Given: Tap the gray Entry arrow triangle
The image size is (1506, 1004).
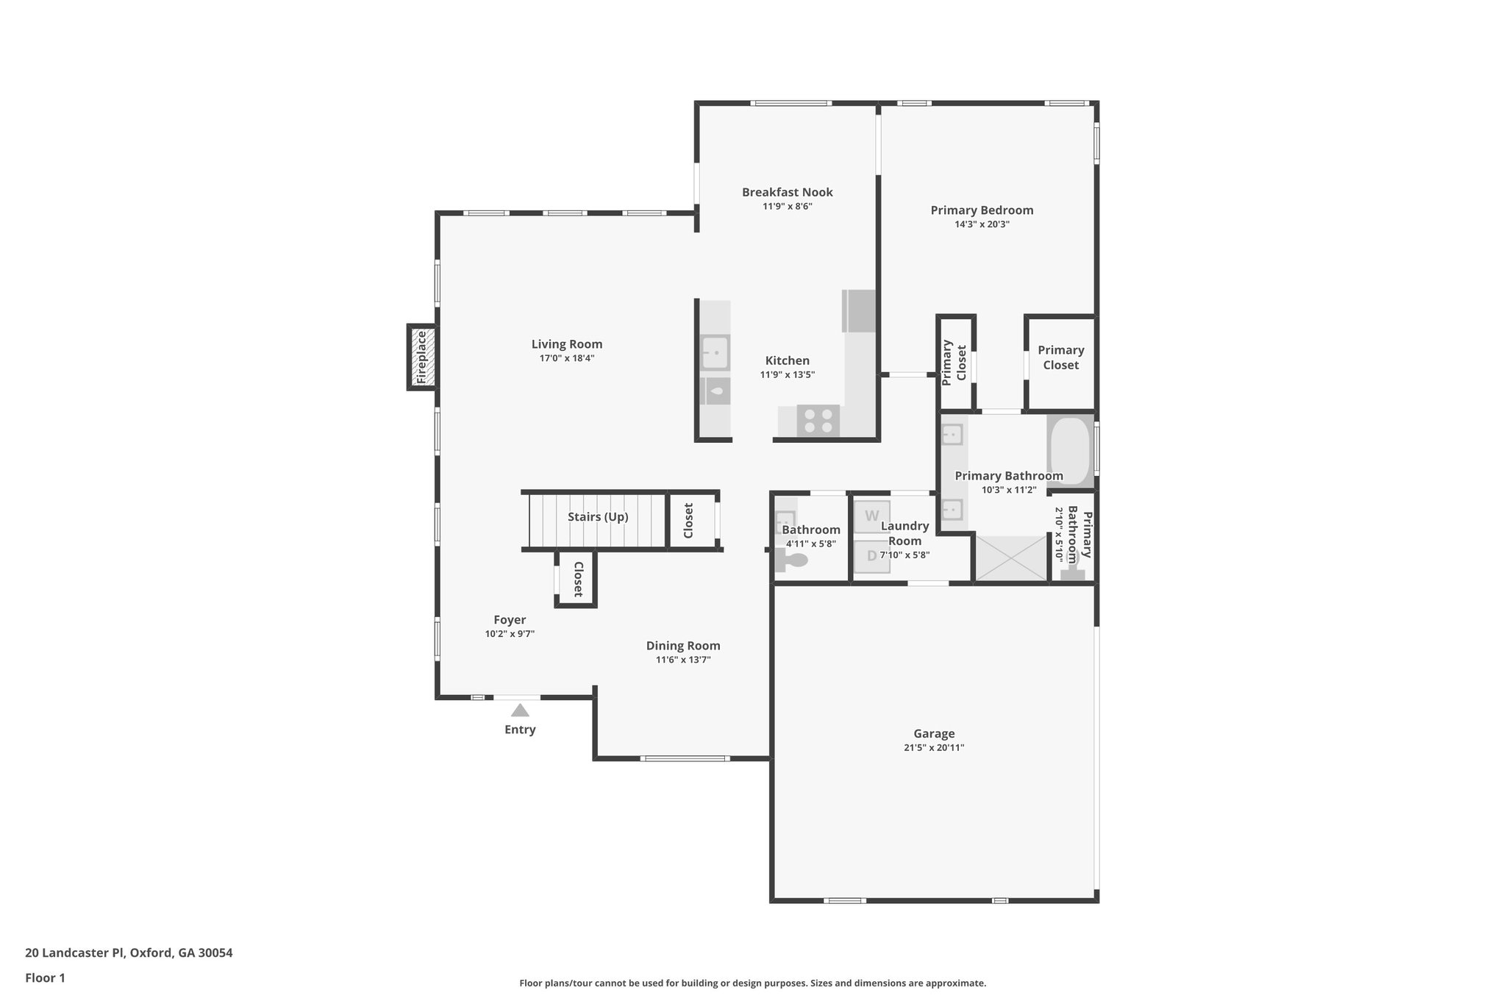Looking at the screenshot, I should [x=520, y=711].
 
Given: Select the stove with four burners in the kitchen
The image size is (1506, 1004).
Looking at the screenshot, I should [x=818, y=421].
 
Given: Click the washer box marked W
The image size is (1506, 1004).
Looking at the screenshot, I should [x=872, y=516].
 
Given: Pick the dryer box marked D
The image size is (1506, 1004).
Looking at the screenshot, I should [x=872, y=556].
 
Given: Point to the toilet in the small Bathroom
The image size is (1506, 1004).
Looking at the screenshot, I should [x=791, y=561].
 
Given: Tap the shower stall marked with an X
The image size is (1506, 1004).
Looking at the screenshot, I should [x=1011, y=558].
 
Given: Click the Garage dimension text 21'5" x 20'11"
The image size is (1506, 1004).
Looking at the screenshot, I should [x=934, y=748].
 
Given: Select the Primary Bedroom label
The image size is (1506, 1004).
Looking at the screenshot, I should [x=982, y=210].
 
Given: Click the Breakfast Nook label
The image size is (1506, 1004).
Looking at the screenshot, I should [x=787, y=193].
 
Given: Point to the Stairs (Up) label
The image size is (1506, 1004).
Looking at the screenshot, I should [x=598, y=517].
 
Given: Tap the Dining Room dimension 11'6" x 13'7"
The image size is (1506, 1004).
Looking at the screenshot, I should [x=683, y=661].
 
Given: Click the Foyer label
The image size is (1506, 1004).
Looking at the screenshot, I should [x=510, y=620].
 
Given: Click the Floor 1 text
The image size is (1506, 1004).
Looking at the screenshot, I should [x=45, y=978].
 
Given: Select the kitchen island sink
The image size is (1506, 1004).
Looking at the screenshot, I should [x=715, y=352].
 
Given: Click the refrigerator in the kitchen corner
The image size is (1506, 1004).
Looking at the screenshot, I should [x=859, y=310].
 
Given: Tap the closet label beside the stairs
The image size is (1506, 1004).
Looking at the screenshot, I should [x=688, y=521].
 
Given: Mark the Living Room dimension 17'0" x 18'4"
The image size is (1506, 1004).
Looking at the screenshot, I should [x=566, y=359].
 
